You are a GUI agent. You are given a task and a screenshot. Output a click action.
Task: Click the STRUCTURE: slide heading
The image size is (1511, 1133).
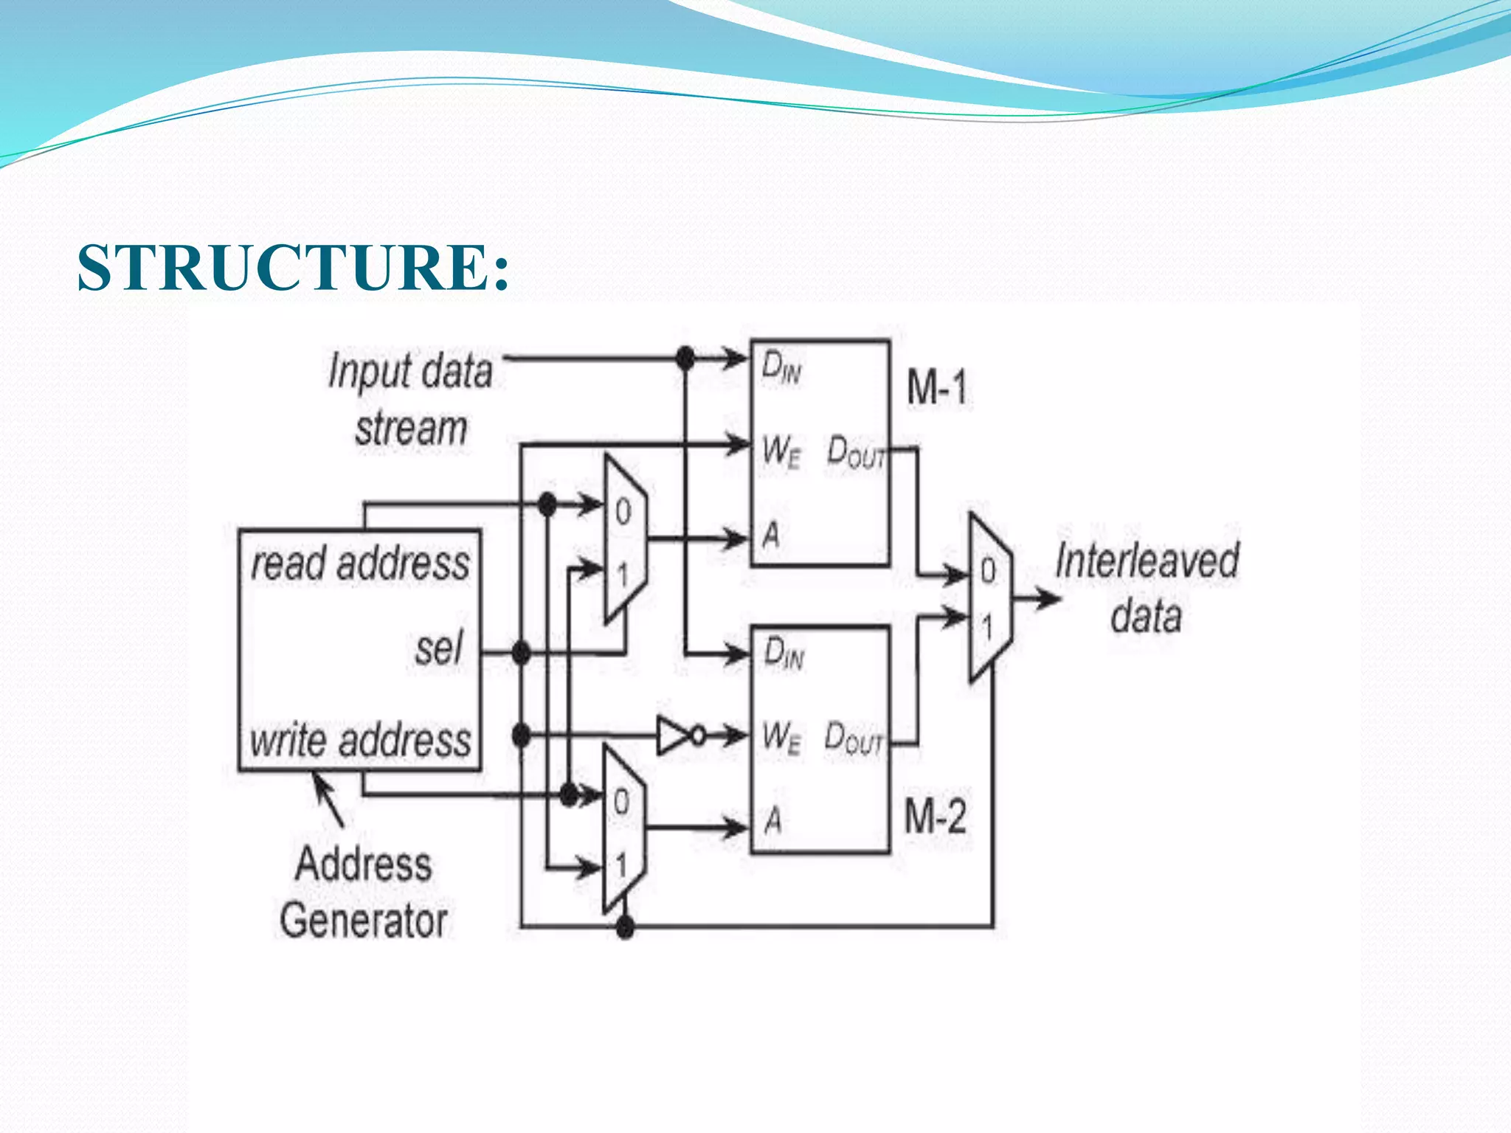click(293, 267)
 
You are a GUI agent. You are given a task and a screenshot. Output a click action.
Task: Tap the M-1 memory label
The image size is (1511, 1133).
click(936, 387)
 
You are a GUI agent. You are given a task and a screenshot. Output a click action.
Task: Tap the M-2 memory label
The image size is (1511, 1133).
click(935, 817)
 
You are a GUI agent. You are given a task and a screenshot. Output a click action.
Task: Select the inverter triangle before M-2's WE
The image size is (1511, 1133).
click(673, 735)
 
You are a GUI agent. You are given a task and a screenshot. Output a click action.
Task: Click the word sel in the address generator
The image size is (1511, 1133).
click(439, 649)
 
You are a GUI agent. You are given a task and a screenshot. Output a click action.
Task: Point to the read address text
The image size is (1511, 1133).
click(360, 564)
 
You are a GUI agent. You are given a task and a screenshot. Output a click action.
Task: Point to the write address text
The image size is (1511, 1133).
click(360, 740)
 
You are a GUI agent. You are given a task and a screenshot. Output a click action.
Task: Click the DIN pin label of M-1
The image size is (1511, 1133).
click(781, 367)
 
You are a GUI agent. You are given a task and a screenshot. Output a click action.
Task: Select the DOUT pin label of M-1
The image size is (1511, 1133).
click(856, 451)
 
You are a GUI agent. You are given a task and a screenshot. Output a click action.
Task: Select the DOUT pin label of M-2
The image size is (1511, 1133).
click(854, 738)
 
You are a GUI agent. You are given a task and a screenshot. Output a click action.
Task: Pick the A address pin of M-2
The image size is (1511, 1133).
click(772, 820)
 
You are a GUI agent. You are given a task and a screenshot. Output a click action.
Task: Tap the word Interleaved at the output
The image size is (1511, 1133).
click(1147, 561)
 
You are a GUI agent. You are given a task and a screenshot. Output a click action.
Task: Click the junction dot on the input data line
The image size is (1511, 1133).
click(685, 359)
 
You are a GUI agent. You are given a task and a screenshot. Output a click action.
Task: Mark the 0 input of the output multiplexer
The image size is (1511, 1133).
click(988, 571)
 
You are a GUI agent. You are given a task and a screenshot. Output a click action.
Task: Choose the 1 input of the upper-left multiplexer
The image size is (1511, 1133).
click(623, 574)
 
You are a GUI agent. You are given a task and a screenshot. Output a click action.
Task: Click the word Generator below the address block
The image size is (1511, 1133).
click(364, 921)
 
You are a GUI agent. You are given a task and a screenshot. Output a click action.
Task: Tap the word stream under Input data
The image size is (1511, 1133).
click(411, 429)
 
